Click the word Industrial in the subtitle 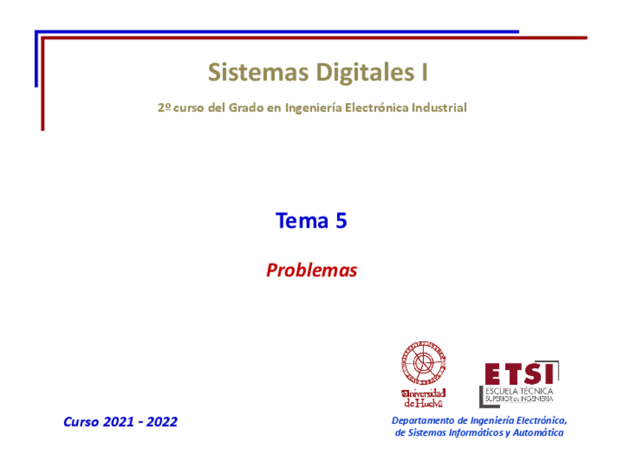tap(439, 107)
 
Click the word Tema tap(302, 220)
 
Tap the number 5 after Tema tap(341, 220)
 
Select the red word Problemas tap(311, 271)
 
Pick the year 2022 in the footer tap(162, 422)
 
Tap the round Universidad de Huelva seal tap(423, 364)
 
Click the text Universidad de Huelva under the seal tap(423, 397)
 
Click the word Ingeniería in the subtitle tap(312, 107)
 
